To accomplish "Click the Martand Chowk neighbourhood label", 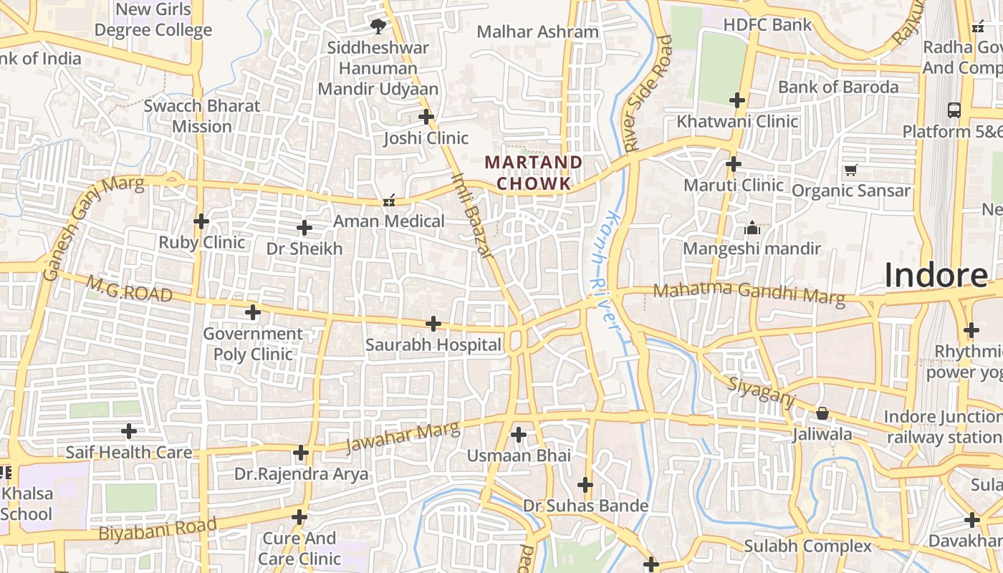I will point(534,173).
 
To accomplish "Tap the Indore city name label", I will point(936,275).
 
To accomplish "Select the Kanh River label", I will point(603,270).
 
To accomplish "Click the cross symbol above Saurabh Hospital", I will point(433,324).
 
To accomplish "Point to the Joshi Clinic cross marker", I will point(426,116).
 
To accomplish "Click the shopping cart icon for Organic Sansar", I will point(851,170).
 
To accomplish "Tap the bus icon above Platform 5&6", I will point(954,110).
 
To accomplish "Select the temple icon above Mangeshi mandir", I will point(752,228).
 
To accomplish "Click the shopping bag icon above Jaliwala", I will point(822,414).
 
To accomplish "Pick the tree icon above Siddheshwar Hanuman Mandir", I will point(378,27).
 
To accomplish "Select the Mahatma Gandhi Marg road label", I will point(749,292).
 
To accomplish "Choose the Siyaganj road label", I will point(762,393).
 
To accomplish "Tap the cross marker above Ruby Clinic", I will point(201,221).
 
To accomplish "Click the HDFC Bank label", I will point(767,25).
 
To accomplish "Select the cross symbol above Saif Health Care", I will point(129,431).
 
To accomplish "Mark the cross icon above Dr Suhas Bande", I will point(585,485).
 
